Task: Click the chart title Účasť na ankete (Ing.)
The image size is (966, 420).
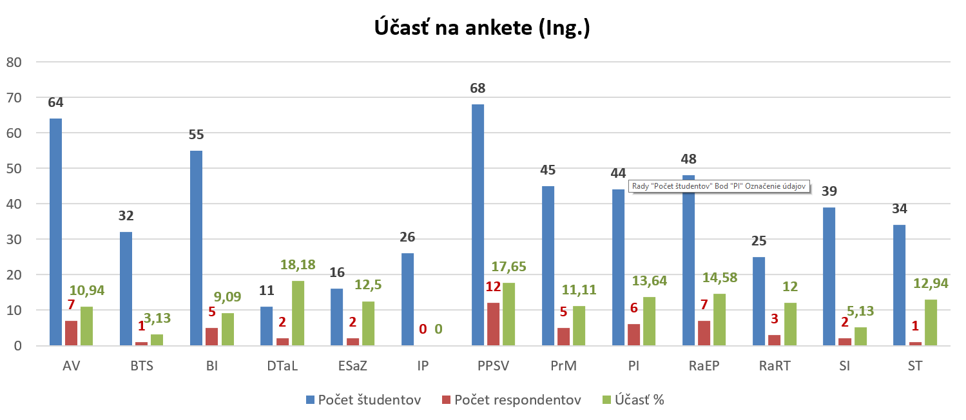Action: coord(483,28)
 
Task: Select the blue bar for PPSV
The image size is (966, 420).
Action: coord(478,225)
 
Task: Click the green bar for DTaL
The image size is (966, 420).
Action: coord(298,313)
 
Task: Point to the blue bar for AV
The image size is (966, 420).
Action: coord(56,232)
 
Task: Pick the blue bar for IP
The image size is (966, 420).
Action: coord(407,299)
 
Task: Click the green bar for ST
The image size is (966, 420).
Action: coord(931,323)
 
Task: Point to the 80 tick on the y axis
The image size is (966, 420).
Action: coord(14,62)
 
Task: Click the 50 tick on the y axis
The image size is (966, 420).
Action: coord(14,169)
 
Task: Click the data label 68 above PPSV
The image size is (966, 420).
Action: coord(478,88)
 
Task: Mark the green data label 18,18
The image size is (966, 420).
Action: coord(297,265)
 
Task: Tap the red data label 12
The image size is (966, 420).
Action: coord(494,287)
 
